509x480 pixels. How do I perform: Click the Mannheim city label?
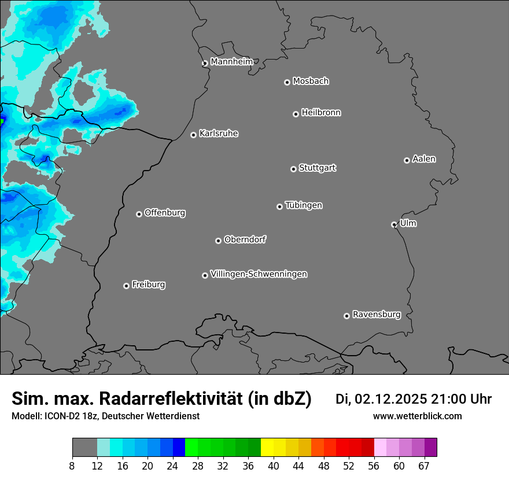pos(231,62)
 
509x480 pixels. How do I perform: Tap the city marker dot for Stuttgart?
pos(293,169)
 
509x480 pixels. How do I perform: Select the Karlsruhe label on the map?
pos(219,134)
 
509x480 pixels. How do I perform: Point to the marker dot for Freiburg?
pos(126,286)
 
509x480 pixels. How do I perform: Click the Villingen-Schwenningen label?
pos(259,274)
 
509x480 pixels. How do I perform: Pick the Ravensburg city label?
pos(376,315)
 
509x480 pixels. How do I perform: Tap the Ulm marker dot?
pos(394,224)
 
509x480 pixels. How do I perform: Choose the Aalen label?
pos(424,159)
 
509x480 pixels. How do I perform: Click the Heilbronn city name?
pos(321,113)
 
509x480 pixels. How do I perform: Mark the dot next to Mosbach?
pos(287,82)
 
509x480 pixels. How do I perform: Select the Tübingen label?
pos(304,205)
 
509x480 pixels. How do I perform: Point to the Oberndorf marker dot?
pos(218,241)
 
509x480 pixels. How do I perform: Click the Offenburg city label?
pos(165,213)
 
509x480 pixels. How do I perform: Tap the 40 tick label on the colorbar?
pos(274,466)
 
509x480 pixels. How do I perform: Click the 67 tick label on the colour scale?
pos(424,466)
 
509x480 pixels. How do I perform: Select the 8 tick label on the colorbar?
pos(72,466)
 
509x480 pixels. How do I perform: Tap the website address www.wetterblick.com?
pos(417,416)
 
